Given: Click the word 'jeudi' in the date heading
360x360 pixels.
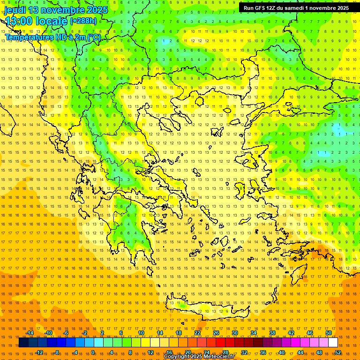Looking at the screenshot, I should point(15,10).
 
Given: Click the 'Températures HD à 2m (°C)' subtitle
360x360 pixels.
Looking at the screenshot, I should point(52,37).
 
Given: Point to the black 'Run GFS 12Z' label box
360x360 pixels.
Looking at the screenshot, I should point(296,8).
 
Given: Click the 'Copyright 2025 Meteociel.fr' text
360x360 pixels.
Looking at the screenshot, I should point(199,357).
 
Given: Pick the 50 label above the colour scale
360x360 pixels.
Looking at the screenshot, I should point(329,333).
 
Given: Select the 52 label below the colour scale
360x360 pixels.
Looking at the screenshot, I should point(338,352).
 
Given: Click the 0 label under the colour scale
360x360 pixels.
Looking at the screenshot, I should point(93,352).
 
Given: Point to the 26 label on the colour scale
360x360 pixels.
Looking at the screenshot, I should point(216,333).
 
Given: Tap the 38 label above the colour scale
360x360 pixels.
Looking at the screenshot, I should point(272,333).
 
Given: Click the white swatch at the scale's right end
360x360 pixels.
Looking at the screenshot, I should point(333,343).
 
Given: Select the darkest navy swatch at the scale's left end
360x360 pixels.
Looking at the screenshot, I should point(23,343).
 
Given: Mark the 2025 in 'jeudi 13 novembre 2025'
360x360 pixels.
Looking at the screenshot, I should point(97,10).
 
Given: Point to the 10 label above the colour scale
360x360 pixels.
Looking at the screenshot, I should point(141,333).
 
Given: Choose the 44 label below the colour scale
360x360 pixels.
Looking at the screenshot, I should point(300,352).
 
